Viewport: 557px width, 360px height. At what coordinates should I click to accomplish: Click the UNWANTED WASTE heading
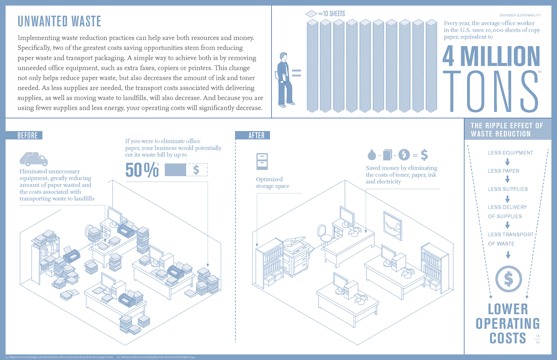click(x=59, y=21)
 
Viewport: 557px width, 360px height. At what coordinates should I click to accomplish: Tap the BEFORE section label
click(x=27, y=135)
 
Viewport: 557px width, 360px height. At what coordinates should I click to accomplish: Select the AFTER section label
click(x=256, y=135)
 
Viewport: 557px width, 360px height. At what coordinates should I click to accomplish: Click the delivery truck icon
click(x=34, y=159)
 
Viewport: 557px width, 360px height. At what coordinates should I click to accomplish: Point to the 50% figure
click(x=142, y=170)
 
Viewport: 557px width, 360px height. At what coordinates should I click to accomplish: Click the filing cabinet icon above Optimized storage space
click(x=262, y=161)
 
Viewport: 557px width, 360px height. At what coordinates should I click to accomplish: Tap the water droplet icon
click(x=372, y=155)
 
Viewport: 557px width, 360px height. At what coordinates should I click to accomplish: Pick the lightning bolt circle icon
click(x=404, y=155)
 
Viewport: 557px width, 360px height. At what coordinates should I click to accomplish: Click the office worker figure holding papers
click(x=284, y=80)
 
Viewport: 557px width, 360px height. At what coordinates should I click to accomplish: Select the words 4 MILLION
click(x=491, y=57)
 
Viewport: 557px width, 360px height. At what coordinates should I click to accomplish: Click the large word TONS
click(x=491, y=92)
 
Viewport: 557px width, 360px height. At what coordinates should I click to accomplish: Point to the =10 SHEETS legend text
click(x=332, y=14)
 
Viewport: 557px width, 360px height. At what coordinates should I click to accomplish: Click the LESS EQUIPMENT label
click(x=510, y=153)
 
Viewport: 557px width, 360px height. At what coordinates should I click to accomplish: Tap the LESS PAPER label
click(x=503, y=171)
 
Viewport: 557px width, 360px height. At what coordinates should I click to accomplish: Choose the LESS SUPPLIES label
click(x=508, y=189)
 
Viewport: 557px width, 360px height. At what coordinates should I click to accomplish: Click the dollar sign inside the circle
click(x=508, y=279)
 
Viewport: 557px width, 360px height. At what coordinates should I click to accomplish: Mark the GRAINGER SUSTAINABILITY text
click(x=520, y=15)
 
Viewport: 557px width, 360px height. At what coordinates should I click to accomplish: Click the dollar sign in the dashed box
click(x=196, y=170)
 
